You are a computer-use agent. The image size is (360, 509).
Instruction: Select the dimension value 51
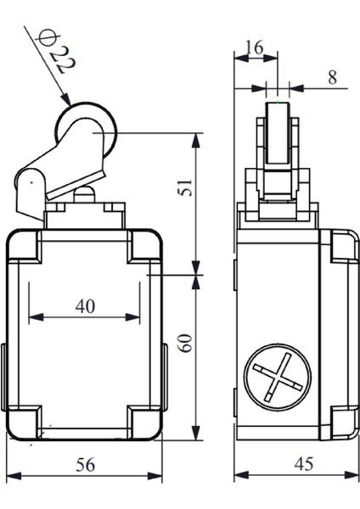click(185, 187)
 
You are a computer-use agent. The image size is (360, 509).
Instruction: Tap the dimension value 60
click(185, 343)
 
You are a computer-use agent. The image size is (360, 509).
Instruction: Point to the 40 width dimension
click(85, 306)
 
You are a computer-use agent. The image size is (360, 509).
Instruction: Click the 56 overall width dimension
click(86, 465)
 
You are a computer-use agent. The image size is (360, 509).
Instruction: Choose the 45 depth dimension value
click(304, 464)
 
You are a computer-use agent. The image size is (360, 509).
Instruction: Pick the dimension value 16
click(255, 48)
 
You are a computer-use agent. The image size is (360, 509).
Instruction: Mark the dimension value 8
click(332, 77)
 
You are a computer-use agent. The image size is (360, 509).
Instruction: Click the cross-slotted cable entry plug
click(278, 378)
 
